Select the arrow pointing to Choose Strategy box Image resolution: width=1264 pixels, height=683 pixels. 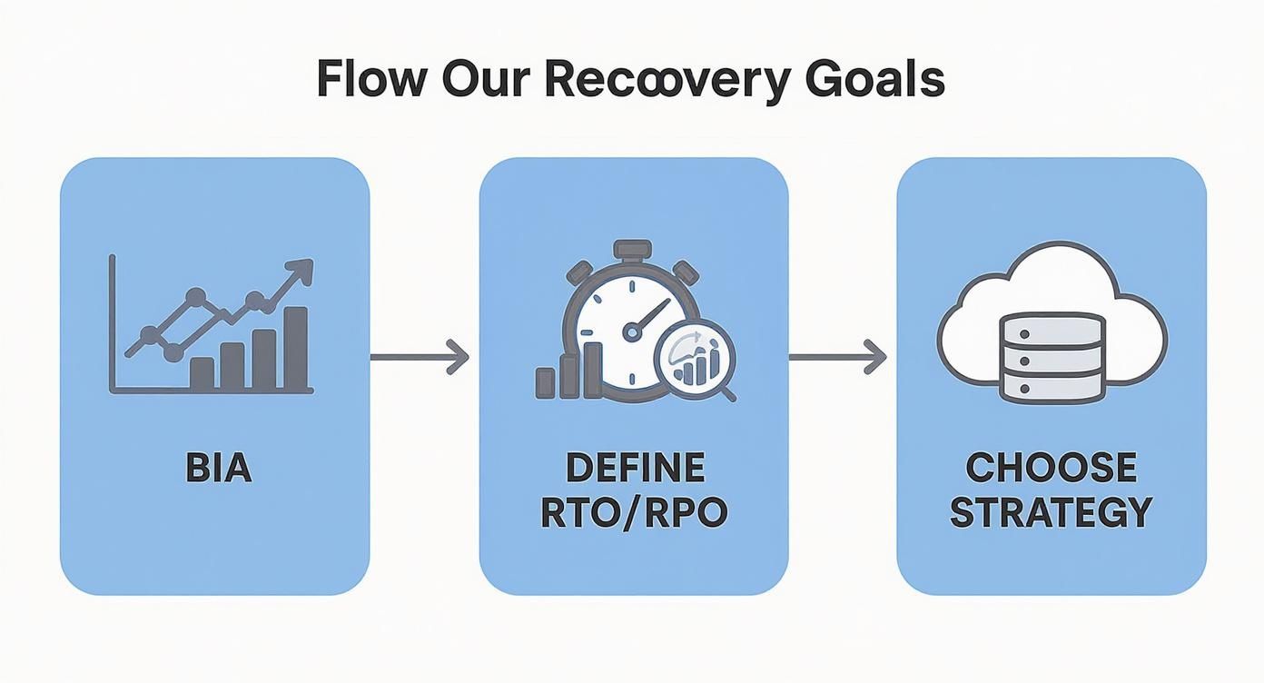(x=837, y=356)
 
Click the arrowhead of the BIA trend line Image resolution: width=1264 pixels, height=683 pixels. (x=301, y=270)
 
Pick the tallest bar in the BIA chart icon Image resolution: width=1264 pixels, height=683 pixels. (x=295, y=348)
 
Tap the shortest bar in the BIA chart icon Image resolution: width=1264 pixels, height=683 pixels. (x=202, y=372)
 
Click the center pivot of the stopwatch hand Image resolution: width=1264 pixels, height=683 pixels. (x=631, y=333)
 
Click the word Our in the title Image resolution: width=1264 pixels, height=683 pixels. (x=479, y=80)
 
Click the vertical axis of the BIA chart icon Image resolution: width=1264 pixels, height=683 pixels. (x=112, y=322)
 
